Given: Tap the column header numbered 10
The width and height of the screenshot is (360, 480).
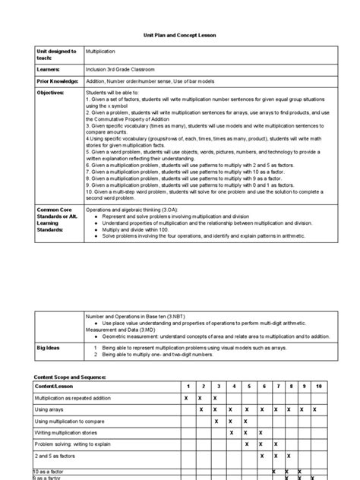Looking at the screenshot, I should pos(318,387).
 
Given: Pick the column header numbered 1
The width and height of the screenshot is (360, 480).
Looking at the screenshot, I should pos(185,387).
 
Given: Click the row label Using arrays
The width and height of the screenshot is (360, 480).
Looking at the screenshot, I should pos(51,409).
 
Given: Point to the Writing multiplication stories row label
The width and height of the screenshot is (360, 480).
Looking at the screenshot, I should pos(71,432).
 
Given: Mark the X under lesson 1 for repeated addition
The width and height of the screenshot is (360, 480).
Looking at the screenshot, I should pos(185,398).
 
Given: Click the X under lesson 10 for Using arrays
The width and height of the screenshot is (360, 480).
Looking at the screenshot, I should pos(318,409).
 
